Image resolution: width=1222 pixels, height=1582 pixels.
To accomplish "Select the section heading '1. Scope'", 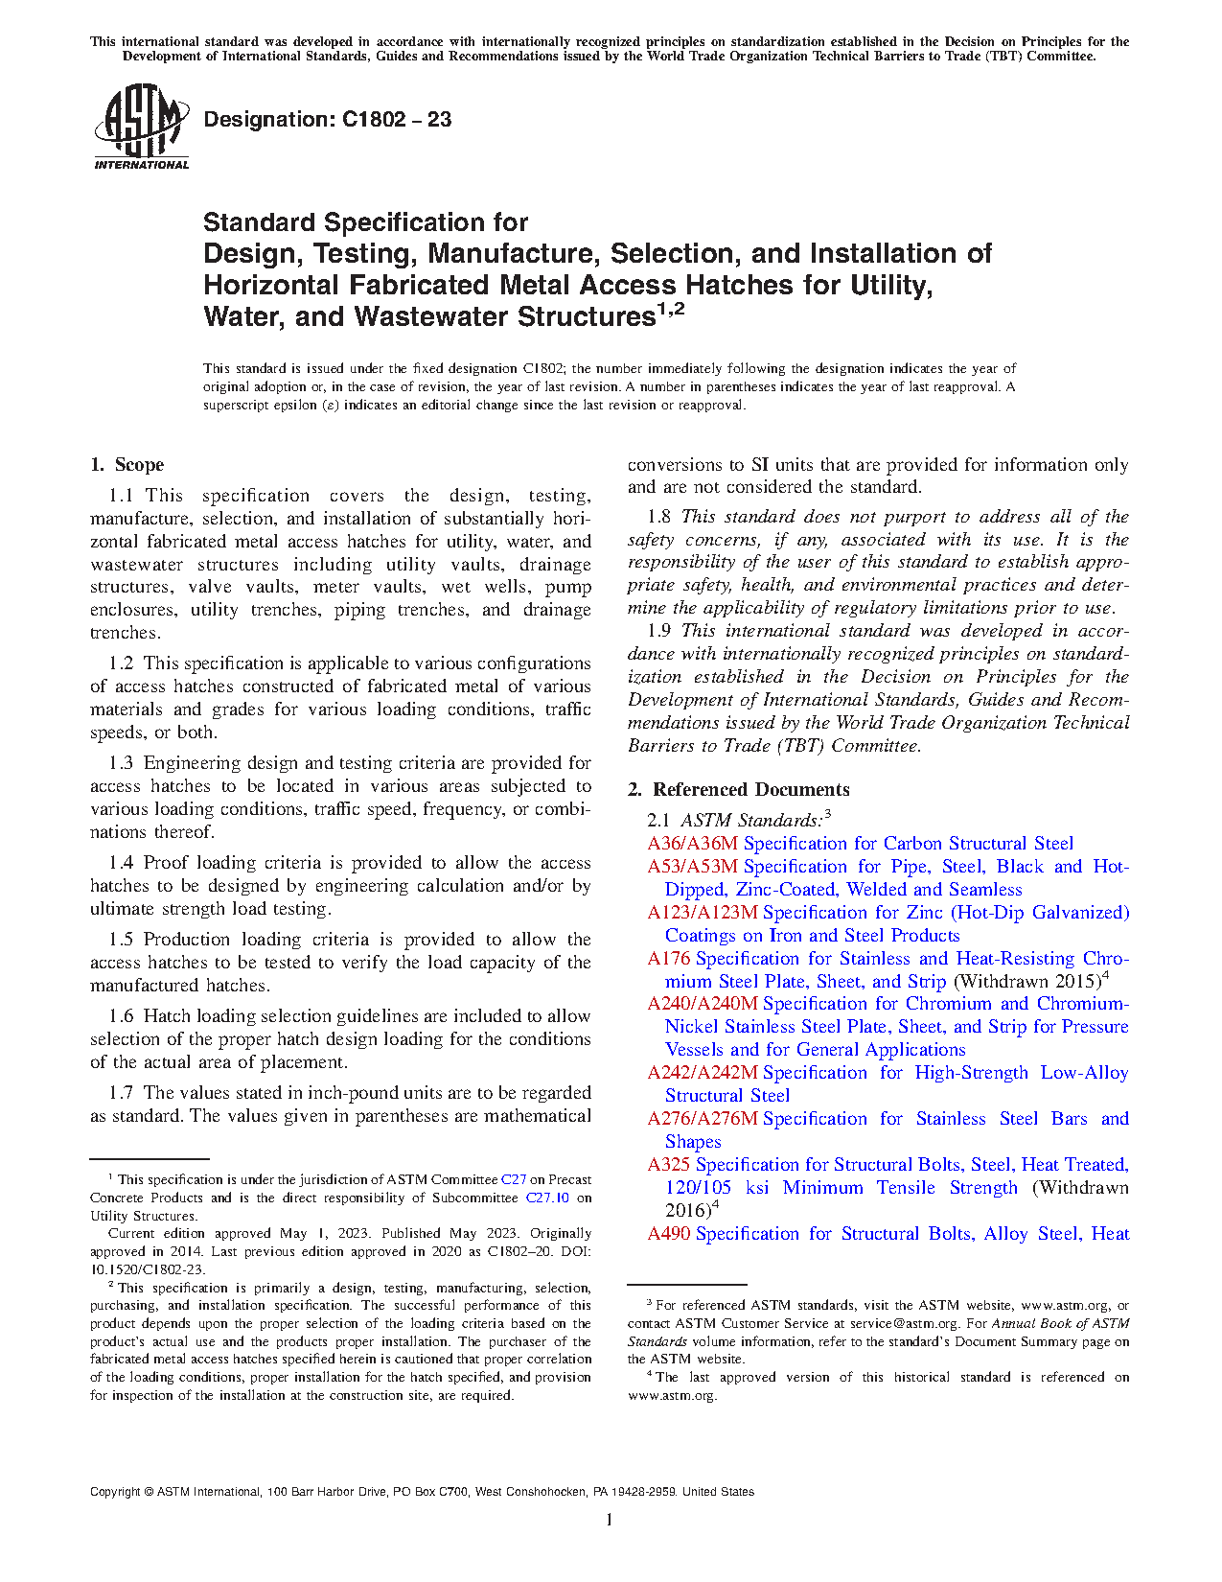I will tap(127, 465).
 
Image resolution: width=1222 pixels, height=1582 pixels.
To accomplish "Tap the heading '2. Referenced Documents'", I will tap(738, 790).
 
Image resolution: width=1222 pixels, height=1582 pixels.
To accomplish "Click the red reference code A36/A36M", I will tap(692, 844).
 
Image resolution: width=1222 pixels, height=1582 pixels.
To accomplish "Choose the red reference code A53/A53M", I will tap(692, 867).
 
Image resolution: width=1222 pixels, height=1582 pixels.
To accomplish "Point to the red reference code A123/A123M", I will tap(702, 913).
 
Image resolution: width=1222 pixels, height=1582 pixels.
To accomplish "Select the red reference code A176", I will tap(668, 959).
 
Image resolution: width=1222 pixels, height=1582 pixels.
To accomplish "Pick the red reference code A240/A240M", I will tap(702, 1004).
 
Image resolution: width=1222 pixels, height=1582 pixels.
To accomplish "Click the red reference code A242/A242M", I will tap(702, 1073).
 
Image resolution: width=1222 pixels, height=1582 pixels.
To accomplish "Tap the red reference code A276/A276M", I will tap(702, 1119).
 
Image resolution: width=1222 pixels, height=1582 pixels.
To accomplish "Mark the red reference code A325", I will tap(668, 1165).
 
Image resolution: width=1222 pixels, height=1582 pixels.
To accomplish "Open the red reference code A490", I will tap(668, 1234).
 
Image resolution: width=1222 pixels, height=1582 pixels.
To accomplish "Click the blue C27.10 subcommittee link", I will tap(547, 1198).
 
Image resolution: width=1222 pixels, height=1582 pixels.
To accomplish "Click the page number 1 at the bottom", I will tap(610, 1520).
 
